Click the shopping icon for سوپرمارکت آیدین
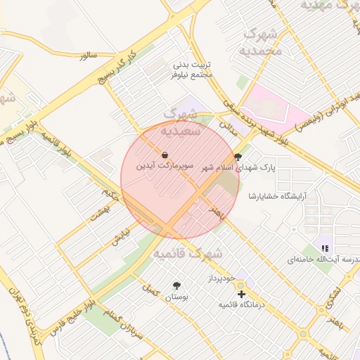tap(165, 155)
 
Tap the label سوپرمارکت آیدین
tap(165, 167)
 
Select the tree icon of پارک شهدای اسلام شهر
tap(238, 157)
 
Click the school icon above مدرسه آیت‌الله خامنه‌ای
tap(324, 247)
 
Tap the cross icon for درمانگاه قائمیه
tap(241, 294)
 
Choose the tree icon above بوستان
tap(176, 285)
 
